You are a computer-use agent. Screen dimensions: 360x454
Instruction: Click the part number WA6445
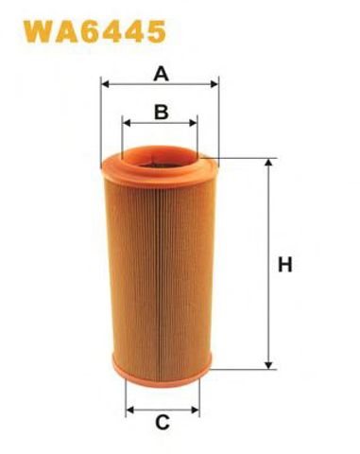click(x=94, y=31)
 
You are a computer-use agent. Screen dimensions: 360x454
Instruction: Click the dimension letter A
click(x=161, y=75)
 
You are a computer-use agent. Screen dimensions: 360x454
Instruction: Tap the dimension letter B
click(x=162, y=112)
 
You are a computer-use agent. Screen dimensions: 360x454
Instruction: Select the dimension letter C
click(x=163, y=423)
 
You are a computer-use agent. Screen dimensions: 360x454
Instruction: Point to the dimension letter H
click(x=285, y=265)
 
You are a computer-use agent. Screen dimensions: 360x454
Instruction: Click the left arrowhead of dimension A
click(x=104, y=84)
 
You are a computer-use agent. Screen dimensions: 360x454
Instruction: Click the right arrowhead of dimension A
click(x=214, y=84)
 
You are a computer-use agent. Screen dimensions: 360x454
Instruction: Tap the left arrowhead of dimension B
click(x=126, y=123)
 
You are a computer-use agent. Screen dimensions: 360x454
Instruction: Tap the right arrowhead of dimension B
click(x=193, y=123)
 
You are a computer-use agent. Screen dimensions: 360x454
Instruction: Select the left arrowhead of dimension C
click(x=129, y=410)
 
